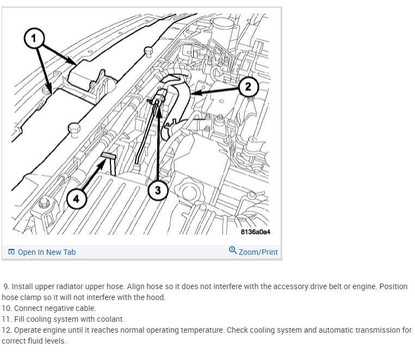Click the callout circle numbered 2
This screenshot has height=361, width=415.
coord(247,87)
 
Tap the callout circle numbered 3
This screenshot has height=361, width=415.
coord(158,190)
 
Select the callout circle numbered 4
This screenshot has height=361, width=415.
coord(76,199)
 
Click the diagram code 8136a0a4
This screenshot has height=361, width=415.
coord(255,232)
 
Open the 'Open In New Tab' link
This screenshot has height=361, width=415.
coord(47,252)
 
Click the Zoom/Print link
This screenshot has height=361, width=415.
coord(258,252)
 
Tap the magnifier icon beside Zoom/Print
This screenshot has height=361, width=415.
coord(233,251)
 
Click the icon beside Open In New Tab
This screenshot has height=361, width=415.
coord(11,252)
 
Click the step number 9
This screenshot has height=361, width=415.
coord(6,286)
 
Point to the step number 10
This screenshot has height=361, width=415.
coord(7,308)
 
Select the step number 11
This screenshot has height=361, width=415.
coord(7,319)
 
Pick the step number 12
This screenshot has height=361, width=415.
coord(7,330)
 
